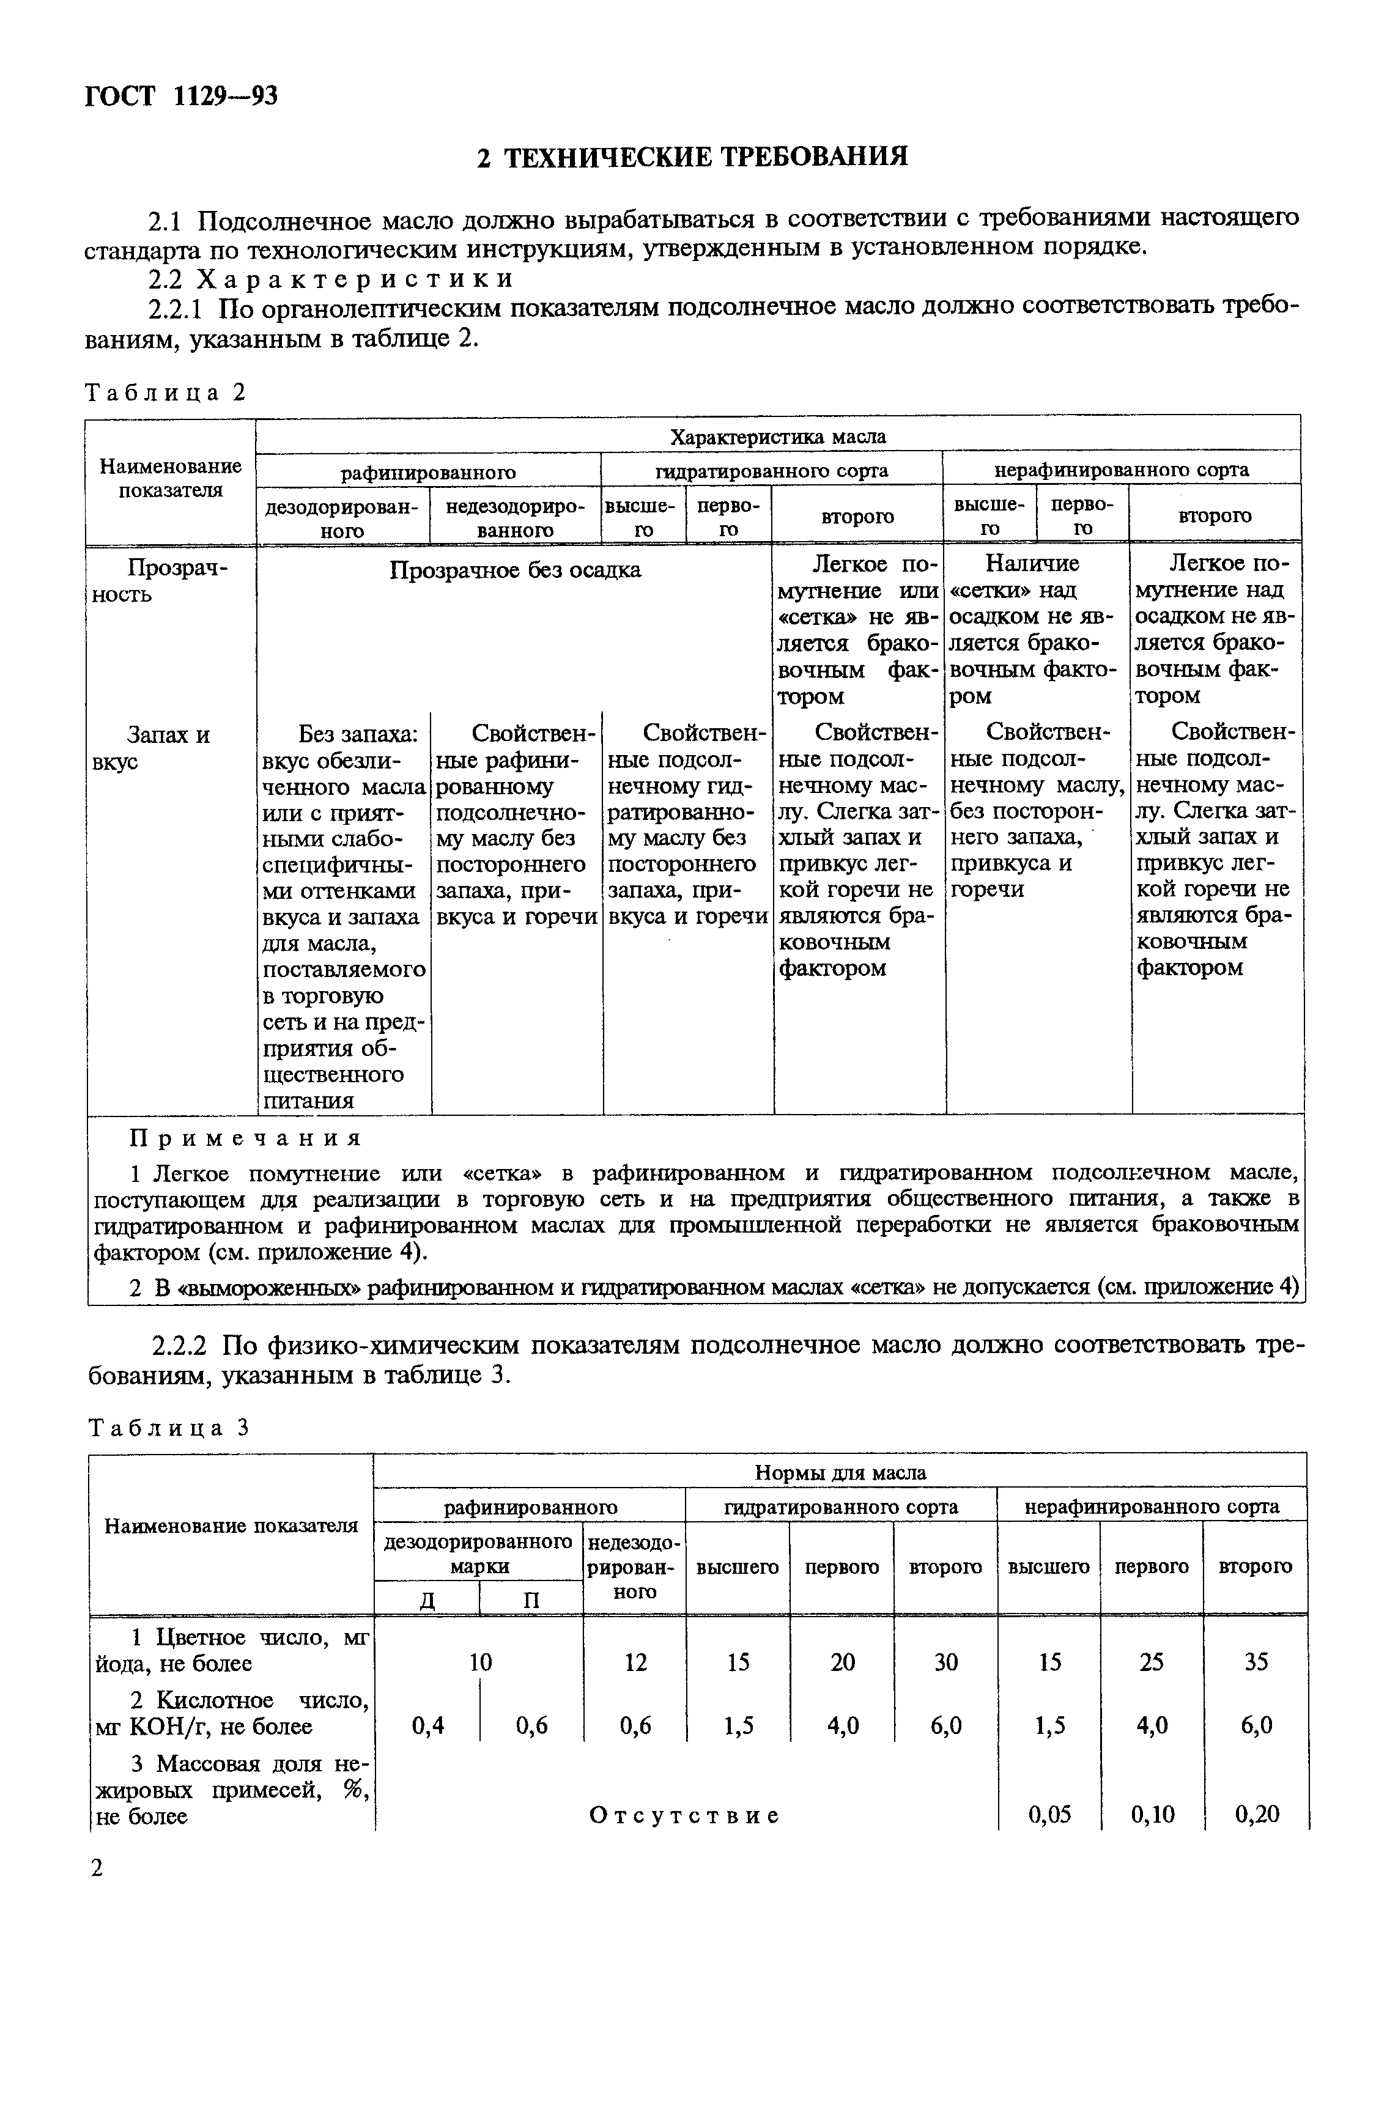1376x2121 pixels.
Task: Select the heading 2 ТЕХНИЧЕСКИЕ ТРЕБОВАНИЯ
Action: pos(692,157)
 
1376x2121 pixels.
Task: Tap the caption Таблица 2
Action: pos(165,392)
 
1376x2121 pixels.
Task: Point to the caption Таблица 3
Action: pos(167,1427)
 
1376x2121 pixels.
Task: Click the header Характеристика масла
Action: pos(777,437)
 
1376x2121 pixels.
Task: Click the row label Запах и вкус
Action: pos(168,748)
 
